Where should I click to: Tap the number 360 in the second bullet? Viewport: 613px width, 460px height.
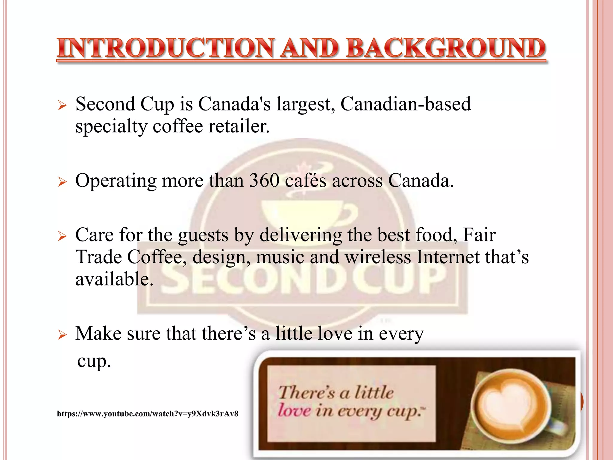point(264,181)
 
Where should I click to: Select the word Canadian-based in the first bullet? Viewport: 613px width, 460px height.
point(406,104)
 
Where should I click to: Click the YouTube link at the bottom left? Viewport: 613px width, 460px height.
point(148,414)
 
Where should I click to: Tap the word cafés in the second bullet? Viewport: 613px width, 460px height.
point(305,181)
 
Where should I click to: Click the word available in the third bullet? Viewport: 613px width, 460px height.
point(114,279)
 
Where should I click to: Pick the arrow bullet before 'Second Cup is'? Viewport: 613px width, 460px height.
point(62,105)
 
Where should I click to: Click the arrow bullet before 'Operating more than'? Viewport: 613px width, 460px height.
point(62,182)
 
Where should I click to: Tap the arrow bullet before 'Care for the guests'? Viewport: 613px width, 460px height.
point(62,236)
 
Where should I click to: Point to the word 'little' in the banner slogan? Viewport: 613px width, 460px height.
point(374,392)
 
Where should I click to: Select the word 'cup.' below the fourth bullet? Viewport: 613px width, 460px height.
point(94,361)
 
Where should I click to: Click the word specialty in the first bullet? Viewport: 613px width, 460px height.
point(111,127)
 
